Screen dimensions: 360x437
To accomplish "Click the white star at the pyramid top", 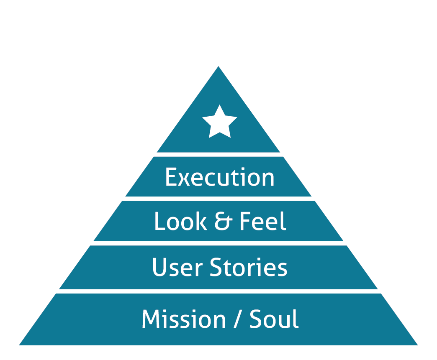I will click(x=219, y=122).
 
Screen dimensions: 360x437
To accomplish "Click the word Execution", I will click(x=220, y=177).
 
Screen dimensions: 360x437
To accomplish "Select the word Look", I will click(x=180, y=222).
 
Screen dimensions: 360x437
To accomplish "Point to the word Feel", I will click(x=262, y=222).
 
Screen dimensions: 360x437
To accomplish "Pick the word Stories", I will click(x=248, y=268).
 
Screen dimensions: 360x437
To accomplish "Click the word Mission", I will click(x=184, y=319).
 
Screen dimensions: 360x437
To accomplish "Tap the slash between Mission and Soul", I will click(x=238, y=320).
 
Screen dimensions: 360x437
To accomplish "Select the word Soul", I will click(x=274, y=319).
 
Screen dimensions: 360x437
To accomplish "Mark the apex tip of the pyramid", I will click(x=218, y=67).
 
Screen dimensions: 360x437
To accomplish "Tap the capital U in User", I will click(x=159, y=268).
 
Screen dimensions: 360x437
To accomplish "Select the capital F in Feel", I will click(x=244, y=222).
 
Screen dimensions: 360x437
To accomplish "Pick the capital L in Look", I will click(x=159, y=222).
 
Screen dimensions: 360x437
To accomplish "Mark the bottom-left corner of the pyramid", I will click(x=20, y=345).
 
